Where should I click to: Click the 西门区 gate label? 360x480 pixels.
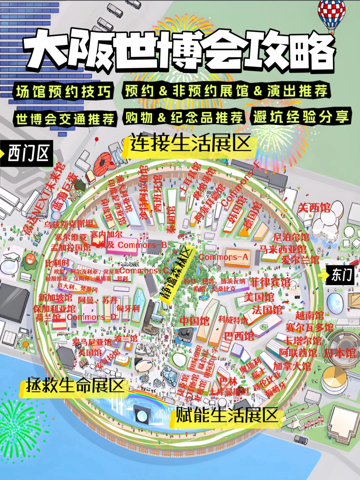[x=28, y=153]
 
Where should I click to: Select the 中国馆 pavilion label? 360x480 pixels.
[x=195, y=321]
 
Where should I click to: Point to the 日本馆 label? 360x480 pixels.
[x=340, y=353]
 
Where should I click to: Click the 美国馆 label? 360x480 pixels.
[x=259, y=297]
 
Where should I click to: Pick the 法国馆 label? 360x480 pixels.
[x=267, y=310]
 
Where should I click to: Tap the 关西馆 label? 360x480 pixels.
[x=314, y=208]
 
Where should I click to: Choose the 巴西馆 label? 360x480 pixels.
[x=239, y=336]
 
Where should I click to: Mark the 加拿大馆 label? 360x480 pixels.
[x=292, y=366]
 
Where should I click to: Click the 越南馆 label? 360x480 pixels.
[x=309, y=315]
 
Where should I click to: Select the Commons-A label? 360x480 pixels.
[x=223, y=257]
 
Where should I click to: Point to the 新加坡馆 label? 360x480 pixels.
[x=55, y=297]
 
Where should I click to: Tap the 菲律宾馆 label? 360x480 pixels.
[x=270, y=282]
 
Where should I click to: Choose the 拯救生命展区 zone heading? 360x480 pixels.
[x=75, y=386]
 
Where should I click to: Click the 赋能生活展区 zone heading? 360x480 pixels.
[x=227, y=415]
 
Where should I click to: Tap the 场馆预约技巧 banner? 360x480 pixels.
[x=63, y=91]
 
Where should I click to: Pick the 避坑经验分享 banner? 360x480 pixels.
[x=301, y=117]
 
